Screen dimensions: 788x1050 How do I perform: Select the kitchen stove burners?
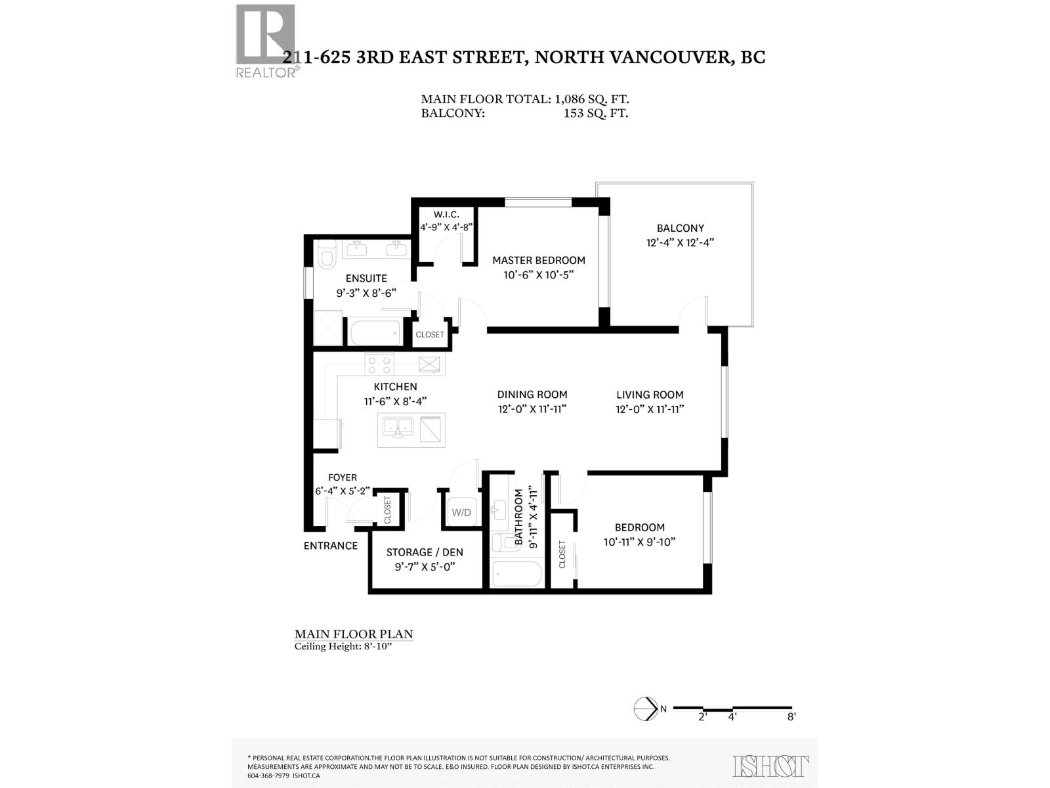pyautogui.click(x=379, y=364)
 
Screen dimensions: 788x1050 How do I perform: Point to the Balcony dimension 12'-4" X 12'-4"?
pyautogui.click(x=679, y=242)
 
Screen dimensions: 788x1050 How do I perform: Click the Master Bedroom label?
pyautogui.click(x=539, y=260)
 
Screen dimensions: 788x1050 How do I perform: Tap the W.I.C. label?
pyautogui.click(x=446, y=215)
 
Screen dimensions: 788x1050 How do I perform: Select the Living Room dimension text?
pyautogui.click(x=650, y=409)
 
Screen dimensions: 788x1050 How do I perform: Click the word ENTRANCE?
pyautogui.click(x=331, y=546)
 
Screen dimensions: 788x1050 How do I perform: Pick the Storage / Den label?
pyautogui.click(x=425, y=552)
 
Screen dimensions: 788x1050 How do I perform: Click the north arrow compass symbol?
pyautogui.click(x=646, y=709)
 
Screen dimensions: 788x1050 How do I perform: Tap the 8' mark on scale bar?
pyautogui.click(x=791, y=717)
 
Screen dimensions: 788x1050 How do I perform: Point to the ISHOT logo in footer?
pyautogui.click(x=770, y=766)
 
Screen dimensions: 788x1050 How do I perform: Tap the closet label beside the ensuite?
pyautogui.click(x=430, y=334)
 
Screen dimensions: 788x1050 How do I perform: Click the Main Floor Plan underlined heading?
pyautogui.click(x=354, y=634)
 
